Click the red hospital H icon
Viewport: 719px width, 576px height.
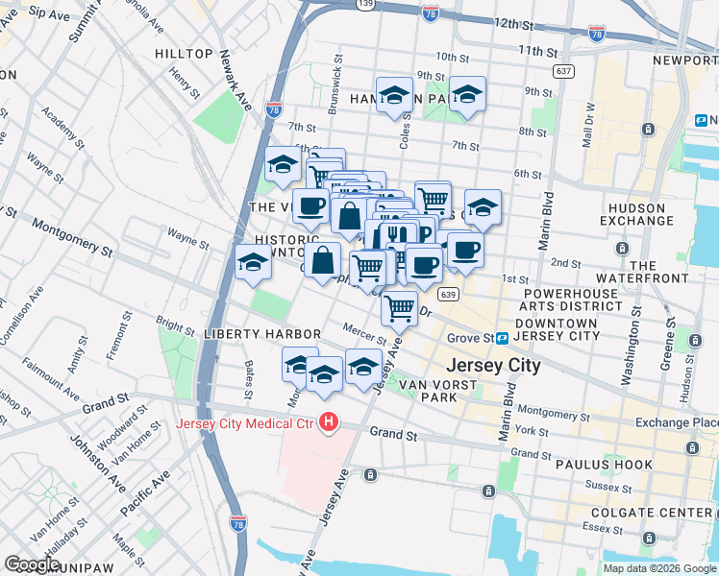[330, 421]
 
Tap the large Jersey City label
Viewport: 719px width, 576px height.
[493, 366]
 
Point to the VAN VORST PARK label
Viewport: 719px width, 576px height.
[429, 390]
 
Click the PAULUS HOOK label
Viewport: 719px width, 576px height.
[604, 465]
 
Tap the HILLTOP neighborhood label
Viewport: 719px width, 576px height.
[186, 54]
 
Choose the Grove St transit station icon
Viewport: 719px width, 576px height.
[502, 338]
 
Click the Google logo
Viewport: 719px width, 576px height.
[33, 564]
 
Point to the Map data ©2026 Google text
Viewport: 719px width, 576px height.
[658, 568]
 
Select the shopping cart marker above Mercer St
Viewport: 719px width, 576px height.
[399, 308]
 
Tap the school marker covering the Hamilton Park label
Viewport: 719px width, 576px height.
[393, 95]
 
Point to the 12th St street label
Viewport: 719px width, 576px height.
[512, 21]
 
